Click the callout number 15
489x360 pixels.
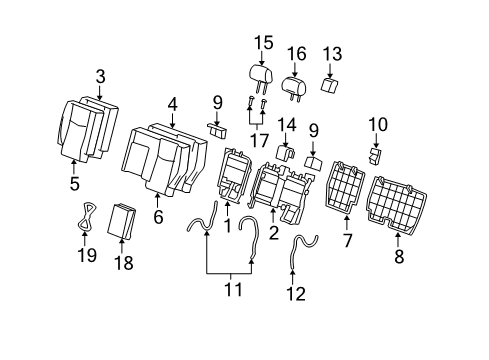264,43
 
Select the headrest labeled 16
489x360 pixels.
294,86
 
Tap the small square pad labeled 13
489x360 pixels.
329,85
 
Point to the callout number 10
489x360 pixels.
378,125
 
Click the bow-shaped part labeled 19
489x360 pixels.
87,216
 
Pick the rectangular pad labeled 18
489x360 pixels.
121,221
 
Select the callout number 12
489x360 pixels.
296,294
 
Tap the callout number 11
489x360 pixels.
233,289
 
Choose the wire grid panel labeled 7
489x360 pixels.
344,188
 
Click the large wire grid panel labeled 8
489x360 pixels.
397,204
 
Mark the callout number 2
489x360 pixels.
273,233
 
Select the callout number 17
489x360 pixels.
259,140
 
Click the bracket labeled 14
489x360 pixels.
286,152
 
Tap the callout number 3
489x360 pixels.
100,77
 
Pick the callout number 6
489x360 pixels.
158,217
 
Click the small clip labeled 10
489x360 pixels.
375,156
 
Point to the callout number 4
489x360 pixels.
172,105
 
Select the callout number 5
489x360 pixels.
75,183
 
